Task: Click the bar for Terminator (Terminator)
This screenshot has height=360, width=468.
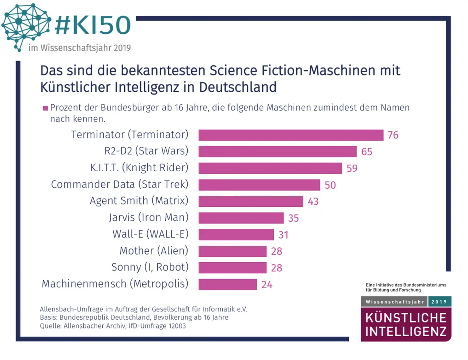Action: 291,135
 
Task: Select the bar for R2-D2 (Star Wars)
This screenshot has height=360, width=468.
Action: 277,151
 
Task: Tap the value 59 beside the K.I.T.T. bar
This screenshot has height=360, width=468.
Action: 352,168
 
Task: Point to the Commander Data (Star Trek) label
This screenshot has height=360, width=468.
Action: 120,184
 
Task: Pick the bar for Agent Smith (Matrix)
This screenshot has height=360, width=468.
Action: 250,201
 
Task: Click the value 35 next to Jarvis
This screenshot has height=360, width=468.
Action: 294,218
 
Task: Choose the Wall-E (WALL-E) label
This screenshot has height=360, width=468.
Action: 150,234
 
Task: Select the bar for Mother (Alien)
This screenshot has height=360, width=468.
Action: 232,251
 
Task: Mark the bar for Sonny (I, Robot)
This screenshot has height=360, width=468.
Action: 232,268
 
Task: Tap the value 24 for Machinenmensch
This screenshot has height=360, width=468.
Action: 267,285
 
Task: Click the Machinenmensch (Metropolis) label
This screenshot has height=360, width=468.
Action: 115,284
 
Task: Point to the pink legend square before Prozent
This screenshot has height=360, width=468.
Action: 45,108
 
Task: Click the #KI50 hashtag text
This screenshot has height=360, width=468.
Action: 93,25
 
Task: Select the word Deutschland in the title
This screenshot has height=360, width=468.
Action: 238,87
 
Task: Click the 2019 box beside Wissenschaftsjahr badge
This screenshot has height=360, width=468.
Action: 439,302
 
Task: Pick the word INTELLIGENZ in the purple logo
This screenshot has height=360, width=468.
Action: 406,331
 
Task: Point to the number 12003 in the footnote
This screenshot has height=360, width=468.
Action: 177,326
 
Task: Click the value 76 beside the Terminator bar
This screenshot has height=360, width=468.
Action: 393,135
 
